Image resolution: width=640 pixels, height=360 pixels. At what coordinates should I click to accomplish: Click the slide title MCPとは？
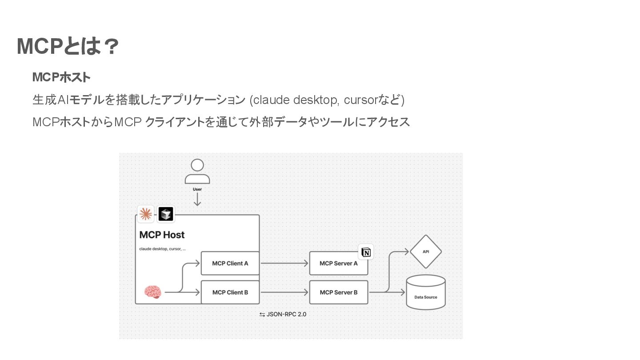(68, 46)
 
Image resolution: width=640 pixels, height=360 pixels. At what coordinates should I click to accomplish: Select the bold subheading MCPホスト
(61, 77)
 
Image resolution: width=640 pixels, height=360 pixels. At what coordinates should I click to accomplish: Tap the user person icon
(197, 172)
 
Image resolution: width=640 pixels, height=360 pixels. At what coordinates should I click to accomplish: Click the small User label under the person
(197, 189)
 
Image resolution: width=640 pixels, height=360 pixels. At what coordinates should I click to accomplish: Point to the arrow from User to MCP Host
(197, 200)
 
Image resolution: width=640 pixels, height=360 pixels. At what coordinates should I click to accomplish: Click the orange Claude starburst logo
(145, 214)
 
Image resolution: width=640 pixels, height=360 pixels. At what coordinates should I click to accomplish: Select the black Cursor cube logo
(166, 214)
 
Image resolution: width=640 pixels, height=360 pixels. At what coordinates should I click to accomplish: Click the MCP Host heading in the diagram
(162, 235)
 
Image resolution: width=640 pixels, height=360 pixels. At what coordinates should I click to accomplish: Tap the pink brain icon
(152, 292)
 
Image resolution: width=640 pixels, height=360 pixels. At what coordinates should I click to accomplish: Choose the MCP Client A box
(230, 263)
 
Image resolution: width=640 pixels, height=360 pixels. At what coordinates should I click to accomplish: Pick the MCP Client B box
(230, 292)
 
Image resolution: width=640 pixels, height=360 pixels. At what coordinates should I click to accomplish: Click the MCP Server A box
(339, 263)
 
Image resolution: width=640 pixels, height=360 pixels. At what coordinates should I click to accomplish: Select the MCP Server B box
(339, 292)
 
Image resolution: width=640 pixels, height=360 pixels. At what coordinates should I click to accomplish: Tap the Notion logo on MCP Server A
(366, 252)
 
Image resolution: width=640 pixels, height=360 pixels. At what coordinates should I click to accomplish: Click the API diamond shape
(426, 252)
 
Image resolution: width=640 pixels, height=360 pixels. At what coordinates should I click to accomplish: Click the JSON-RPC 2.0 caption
(283, 314)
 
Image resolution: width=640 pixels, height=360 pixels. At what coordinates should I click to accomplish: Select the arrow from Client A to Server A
(284, 263)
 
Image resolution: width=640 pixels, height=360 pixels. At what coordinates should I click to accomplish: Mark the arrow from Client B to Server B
(284, 292)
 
